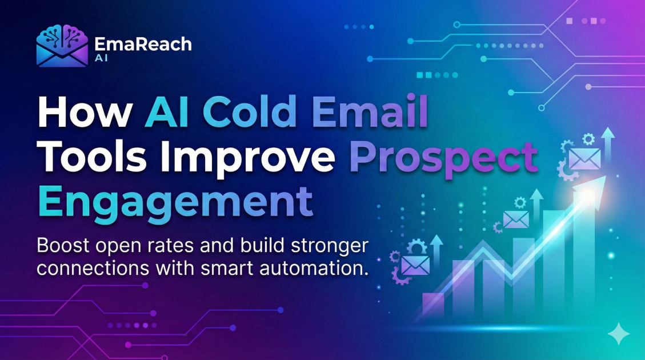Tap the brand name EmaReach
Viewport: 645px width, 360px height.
pos(143,45)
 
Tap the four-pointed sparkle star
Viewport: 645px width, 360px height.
pos(618,333)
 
